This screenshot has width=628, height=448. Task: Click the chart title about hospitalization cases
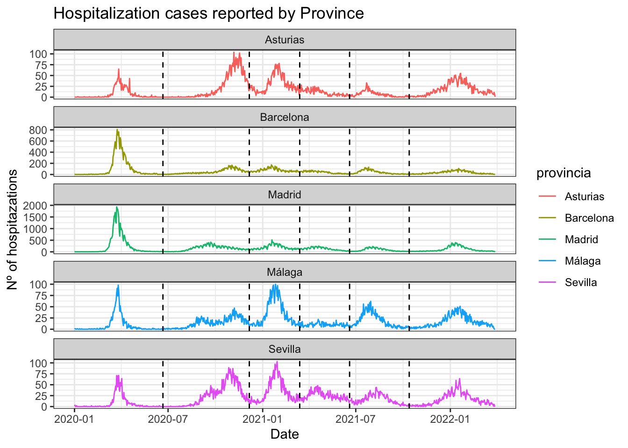tap(208, 13)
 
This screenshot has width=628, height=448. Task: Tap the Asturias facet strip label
tap(285, 40)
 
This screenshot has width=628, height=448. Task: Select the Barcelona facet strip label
tap(285, 117)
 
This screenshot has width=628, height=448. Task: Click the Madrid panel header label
tap(285, 195)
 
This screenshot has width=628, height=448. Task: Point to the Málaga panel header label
tap(285, 272)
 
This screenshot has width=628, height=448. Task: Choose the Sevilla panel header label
tap(285, 349)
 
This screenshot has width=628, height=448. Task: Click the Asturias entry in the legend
tap(584, 196)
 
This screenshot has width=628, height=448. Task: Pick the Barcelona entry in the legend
tap(589, 218)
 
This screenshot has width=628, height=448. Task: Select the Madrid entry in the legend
tap(581, 239)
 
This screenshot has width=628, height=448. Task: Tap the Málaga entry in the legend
tap(582, 261)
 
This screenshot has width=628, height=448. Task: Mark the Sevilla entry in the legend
tap(580, 282)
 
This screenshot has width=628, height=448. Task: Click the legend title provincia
tap(564, 173)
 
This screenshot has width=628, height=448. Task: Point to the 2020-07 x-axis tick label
tap(168, 419)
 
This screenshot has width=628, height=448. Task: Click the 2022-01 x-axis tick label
tap(450, 419)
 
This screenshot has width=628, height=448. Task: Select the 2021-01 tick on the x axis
tap(262, 419)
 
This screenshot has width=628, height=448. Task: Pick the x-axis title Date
tap(285, 434)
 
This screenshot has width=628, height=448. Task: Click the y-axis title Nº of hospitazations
tap(13, 229)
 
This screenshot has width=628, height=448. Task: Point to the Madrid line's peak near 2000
tap(117, 207)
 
